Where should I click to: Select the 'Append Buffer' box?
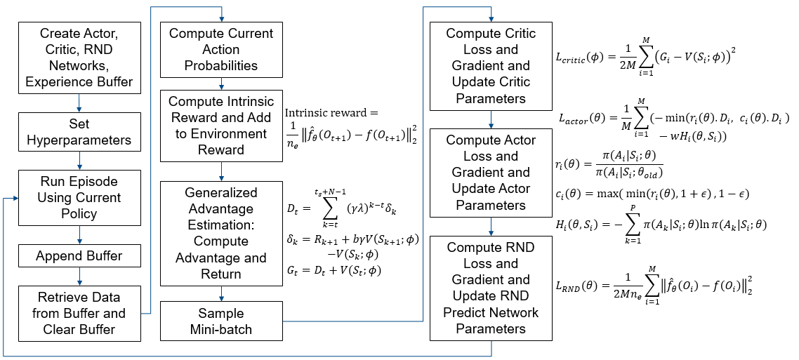[79, 256]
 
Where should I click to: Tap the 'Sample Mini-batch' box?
[221, 321]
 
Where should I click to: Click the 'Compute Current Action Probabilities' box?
[221, 50]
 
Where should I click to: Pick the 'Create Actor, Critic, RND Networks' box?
[79, 58]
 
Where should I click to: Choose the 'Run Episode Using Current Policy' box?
[79, 197]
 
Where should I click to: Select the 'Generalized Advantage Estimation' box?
[221, 234]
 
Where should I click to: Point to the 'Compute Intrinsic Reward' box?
[221, 126]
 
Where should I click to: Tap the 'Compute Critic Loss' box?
[491, 67]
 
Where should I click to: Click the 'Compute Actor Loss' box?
[491, 173]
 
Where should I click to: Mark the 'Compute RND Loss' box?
[491, 288]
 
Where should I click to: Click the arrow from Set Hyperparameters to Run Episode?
[79, 163]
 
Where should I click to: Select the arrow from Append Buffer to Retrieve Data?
[79, 277]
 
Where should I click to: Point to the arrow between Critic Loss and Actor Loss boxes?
[491, 119]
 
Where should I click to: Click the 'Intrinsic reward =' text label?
[331, 113]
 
